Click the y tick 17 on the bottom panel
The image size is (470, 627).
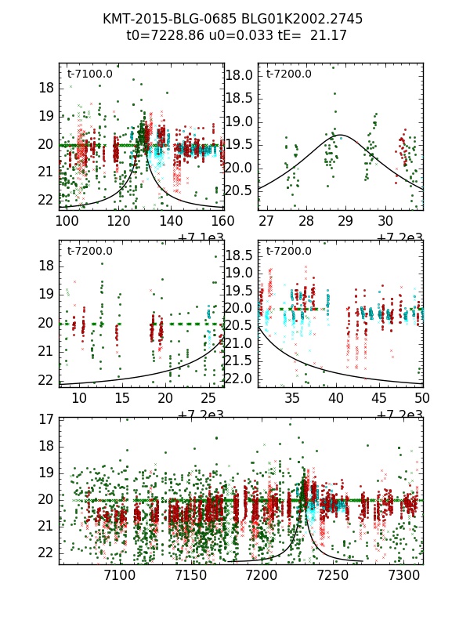pyautogui.click(x=46, y=419)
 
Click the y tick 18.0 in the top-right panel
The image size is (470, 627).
pyautogui.click(x=240, y=75)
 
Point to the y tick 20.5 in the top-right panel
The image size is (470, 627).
pyautogui.click(x=240, y=190)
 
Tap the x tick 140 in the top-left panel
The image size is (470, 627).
pyautogui.click(x=170, y=220)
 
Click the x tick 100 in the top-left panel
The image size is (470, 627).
pyautogui.click(x=64, y=220)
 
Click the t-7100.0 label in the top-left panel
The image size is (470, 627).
pyautogui.click(x=89, y=74)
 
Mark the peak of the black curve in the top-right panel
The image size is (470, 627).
pyautogui.click(x=340, y=135)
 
